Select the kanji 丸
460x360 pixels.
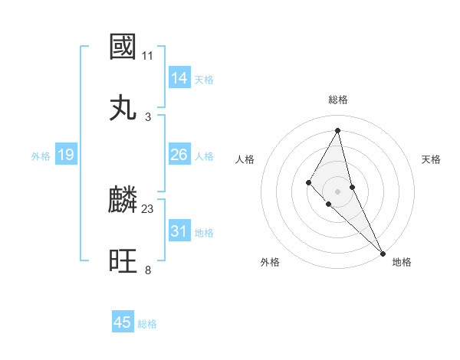123,108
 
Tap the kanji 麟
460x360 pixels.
123,200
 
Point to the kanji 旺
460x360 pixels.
123,261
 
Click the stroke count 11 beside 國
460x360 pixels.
148,56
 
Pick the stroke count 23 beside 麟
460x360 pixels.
148,208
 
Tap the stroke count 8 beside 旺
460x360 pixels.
148,270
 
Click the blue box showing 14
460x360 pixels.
179,78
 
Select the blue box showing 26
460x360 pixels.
179,155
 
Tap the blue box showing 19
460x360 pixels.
66,155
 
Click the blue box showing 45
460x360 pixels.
123,322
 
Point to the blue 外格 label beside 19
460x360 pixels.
41,155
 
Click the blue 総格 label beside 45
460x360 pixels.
147,324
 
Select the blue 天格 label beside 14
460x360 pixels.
204,79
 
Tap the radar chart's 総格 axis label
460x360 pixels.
338,100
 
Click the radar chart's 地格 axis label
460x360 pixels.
402,262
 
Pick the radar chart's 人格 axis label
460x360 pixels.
245,159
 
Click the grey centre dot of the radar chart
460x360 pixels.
338,191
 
